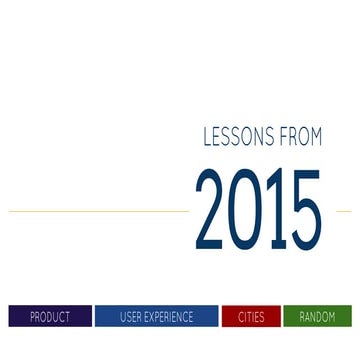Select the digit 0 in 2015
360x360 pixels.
(246, 211)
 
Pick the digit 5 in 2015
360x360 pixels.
(305, 211)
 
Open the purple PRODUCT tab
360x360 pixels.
(50, 317)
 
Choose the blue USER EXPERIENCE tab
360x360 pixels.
(156, 317)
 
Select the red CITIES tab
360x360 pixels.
(251, 317)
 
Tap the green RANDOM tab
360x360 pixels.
(318, 317)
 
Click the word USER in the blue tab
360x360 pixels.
(130, 317)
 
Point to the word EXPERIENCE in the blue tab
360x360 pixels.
(168, 317)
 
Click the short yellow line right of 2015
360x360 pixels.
(343, 211)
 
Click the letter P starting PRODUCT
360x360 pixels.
(32, 317)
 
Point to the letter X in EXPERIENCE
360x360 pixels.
(152, 317)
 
